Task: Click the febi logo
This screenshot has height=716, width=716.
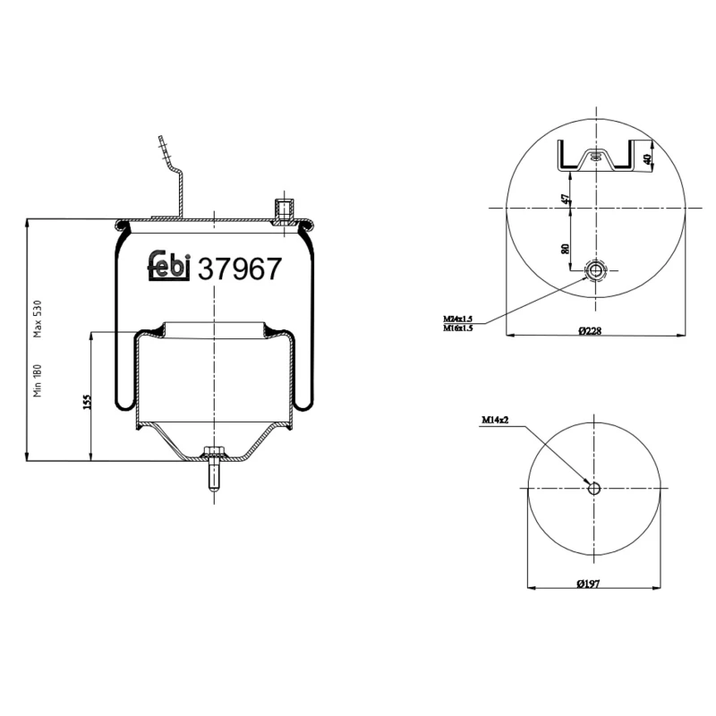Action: coord(168,266)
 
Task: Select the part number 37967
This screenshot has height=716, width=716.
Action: coord(239,268)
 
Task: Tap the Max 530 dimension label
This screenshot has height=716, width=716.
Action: coord(38,318)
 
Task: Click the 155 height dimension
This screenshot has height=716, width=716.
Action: coord(87,400)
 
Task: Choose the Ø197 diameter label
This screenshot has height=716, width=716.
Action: coord(588,584)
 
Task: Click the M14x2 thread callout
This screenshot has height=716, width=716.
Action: coord(495,419)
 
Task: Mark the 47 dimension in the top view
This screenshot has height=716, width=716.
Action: coord(565,199)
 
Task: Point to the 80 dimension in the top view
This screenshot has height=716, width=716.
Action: coord(565,248)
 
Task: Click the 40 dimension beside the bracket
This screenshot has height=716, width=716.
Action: coord(647,159)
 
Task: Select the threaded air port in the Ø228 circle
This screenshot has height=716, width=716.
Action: coord(595,270)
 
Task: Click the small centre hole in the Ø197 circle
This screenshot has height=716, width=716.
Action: coord(594,487)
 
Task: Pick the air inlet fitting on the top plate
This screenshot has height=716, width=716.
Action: coord(284,211)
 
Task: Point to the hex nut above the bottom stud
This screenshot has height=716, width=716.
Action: coord(212,452)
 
